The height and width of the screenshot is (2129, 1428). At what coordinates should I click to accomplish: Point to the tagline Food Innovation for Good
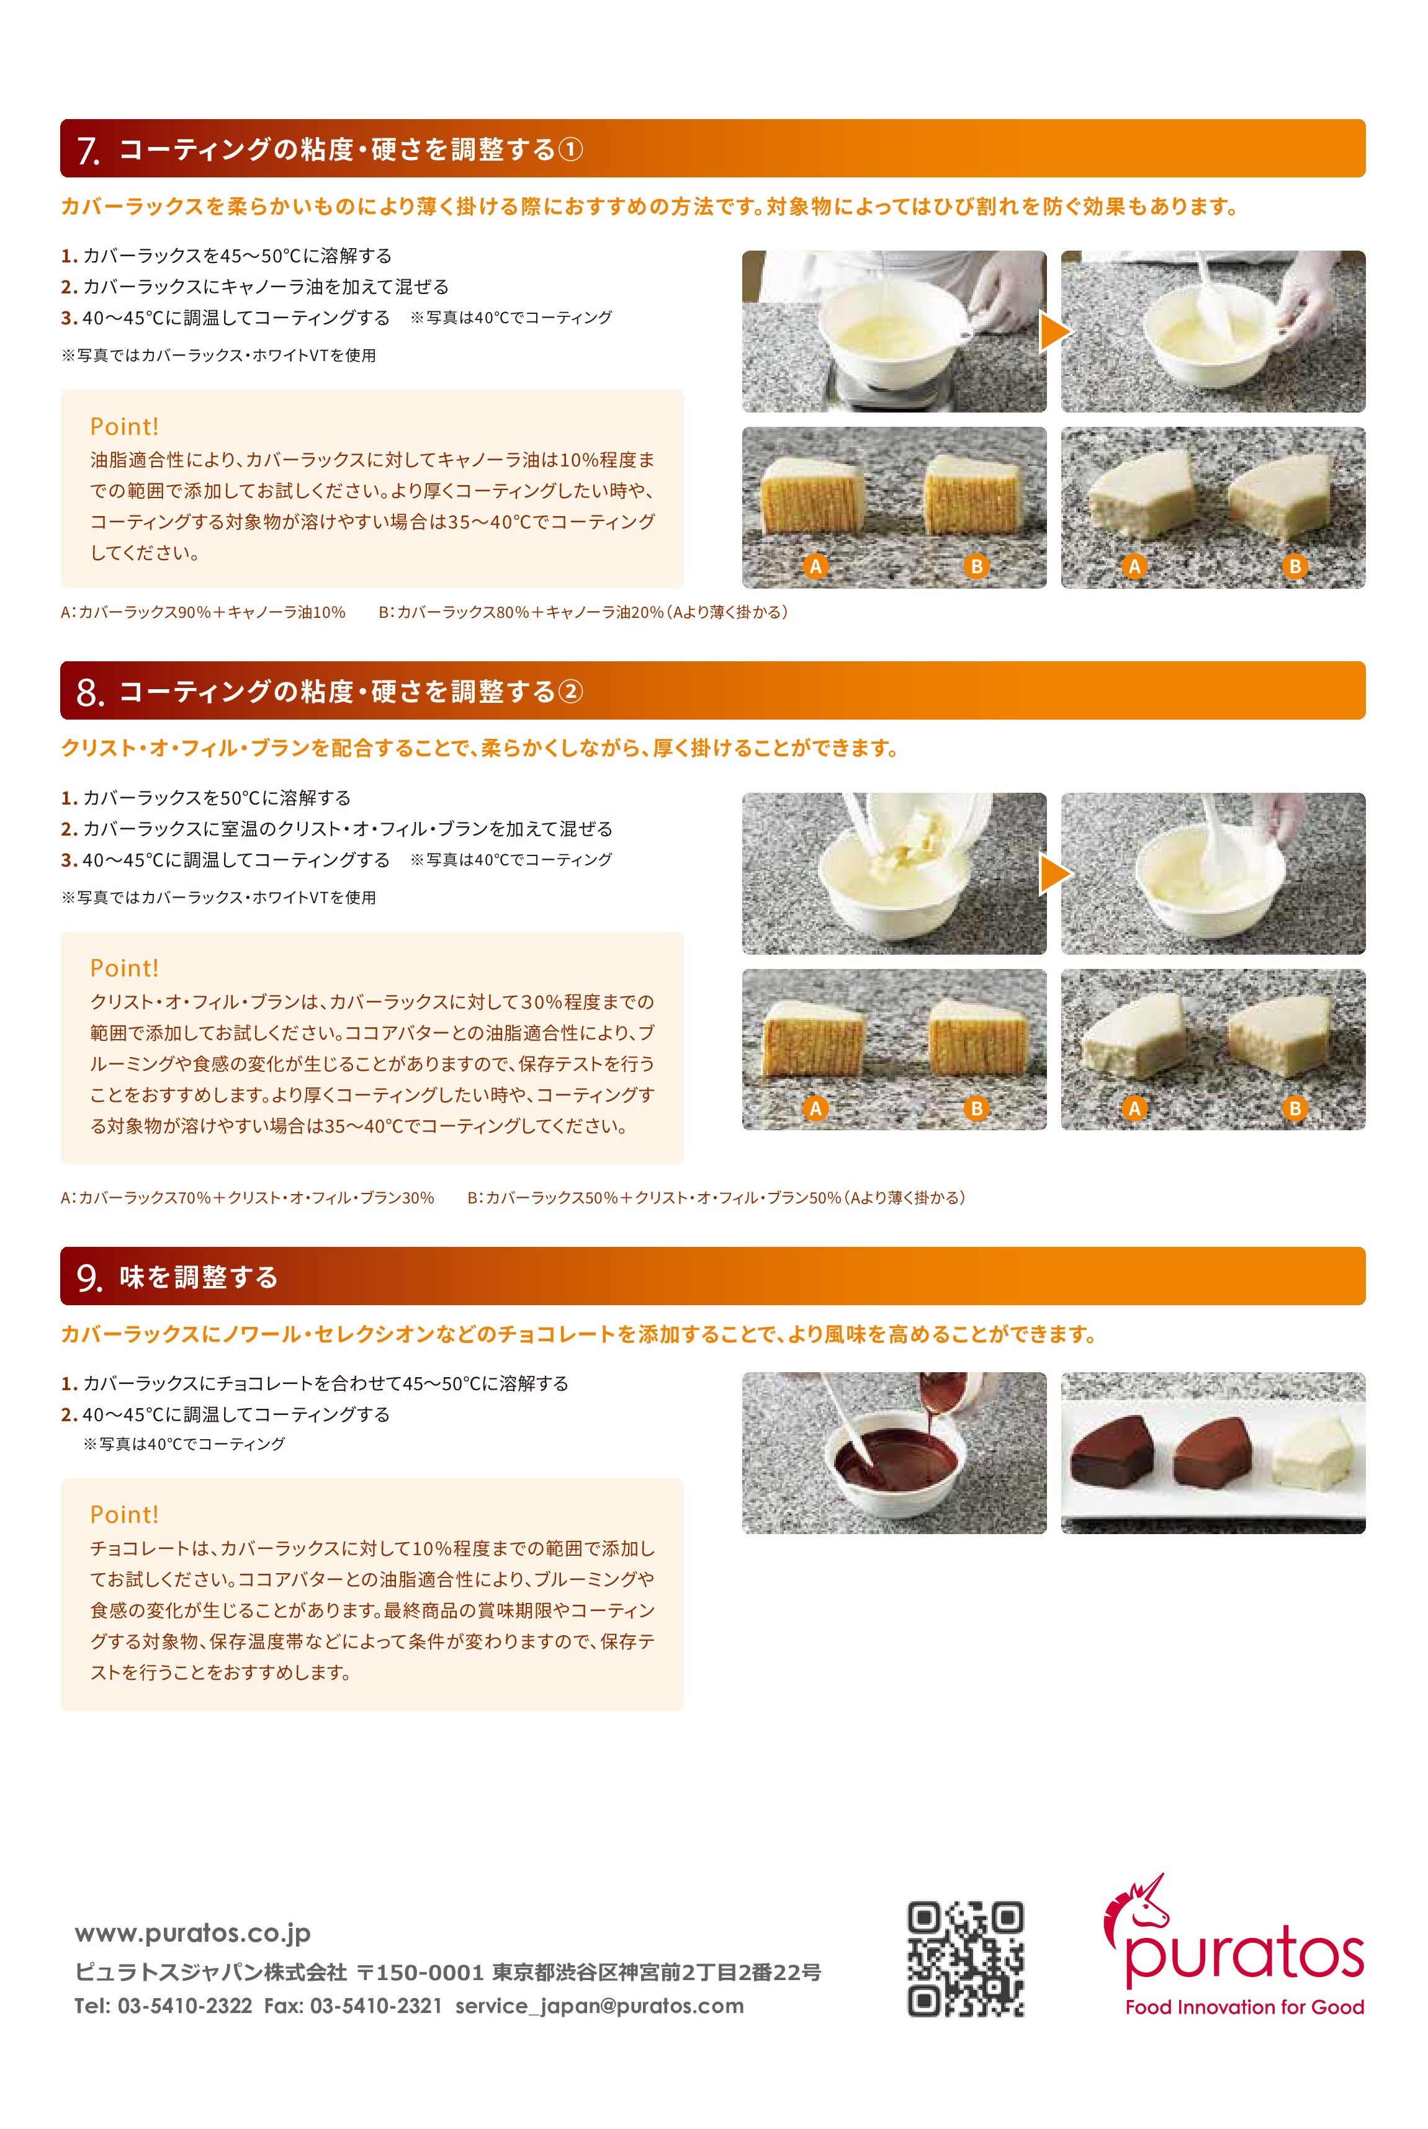(1244, 2006)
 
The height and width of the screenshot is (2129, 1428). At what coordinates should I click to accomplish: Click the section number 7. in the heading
(88, 150)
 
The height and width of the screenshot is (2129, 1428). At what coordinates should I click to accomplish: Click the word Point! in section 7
(124, 426)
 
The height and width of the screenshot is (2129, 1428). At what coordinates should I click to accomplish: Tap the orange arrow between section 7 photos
(1054, 331)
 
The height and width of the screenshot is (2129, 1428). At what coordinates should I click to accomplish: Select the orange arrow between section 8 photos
(1054, 874)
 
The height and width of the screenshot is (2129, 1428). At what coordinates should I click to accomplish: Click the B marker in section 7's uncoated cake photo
(976, 566)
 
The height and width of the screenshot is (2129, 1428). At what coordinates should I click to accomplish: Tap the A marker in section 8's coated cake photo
(1134, 1109)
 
